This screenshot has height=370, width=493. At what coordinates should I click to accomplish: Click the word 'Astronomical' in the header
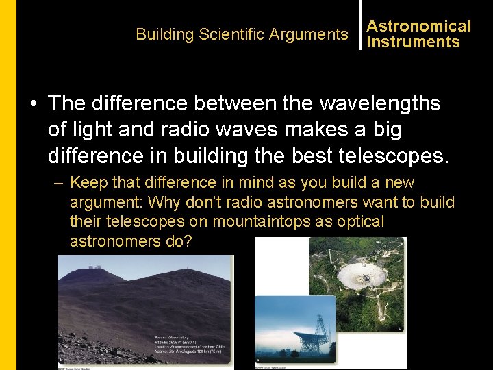click(x=419, y=26)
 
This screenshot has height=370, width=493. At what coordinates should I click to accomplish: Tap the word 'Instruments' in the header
click(x=413, y=42)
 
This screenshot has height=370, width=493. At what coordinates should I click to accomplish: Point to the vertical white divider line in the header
click(x=360, y=25)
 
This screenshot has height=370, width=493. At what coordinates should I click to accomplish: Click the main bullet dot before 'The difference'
click(x=33, y=104)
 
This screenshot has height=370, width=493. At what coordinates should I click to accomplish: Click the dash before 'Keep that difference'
click(x=59, y=184)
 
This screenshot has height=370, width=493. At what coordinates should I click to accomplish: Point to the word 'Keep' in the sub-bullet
click(x=87, y=184)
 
